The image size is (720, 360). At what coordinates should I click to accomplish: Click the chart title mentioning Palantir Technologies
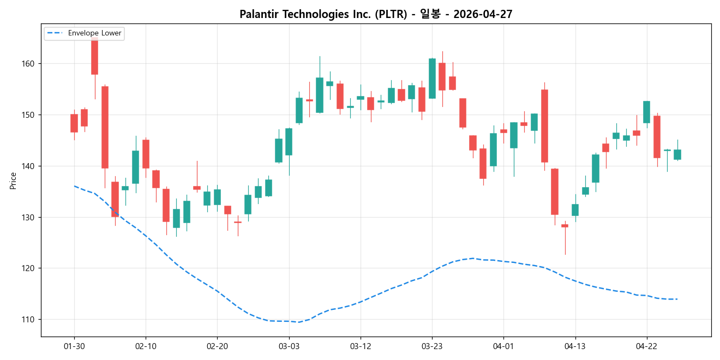tap(376, 14)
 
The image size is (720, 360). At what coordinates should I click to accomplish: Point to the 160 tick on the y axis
tap(28, 64)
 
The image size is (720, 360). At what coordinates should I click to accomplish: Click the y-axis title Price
tap(13, 181)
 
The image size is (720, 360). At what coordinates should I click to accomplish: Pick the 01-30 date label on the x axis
tap(74, 346)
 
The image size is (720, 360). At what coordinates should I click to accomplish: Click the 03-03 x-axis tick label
tap(289, 346)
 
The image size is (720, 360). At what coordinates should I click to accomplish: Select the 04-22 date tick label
tap(646, 346)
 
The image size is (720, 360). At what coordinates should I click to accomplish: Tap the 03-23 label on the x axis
tap(432, 346)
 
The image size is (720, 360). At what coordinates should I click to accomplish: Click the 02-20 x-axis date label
tap(217, 346)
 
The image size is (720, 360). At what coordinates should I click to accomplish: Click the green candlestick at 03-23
tap(432, 78)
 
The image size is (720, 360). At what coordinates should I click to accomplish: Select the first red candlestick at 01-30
tap(74, 123)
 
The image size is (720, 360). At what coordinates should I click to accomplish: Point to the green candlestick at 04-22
tap(646, 112)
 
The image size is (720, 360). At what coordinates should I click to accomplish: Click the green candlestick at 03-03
tap(289, 142)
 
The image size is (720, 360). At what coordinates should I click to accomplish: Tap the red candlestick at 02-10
tap(146, 154)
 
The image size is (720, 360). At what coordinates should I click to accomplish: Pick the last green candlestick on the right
tap(677, 154)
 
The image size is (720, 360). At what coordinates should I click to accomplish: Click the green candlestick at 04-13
tap(575, 209)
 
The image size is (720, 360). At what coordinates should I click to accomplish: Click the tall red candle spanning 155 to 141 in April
tap(544, 126)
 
